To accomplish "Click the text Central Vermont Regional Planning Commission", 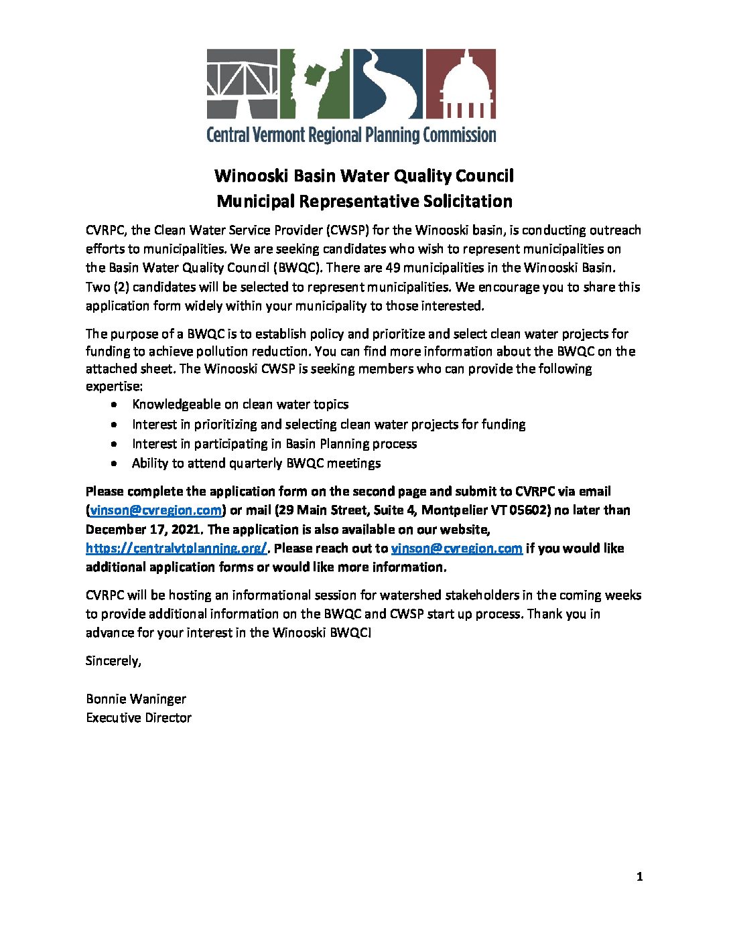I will tap(351, 135).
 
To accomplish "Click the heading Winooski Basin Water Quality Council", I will tap(364, 176).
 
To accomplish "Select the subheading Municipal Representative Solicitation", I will tap(364, 201).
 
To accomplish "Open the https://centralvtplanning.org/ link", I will tap(177, 548).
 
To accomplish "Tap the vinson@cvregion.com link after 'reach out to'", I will tap(456, 548).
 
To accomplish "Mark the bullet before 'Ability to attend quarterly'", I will tap(117, 463).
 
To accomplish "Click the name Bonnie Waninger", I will tap(136, 699).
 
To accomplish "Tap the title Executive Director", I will tap(139, 718).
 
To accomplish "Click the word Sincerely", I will tap(113, 661).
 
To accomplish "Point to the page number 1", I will tap(639, 877).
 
